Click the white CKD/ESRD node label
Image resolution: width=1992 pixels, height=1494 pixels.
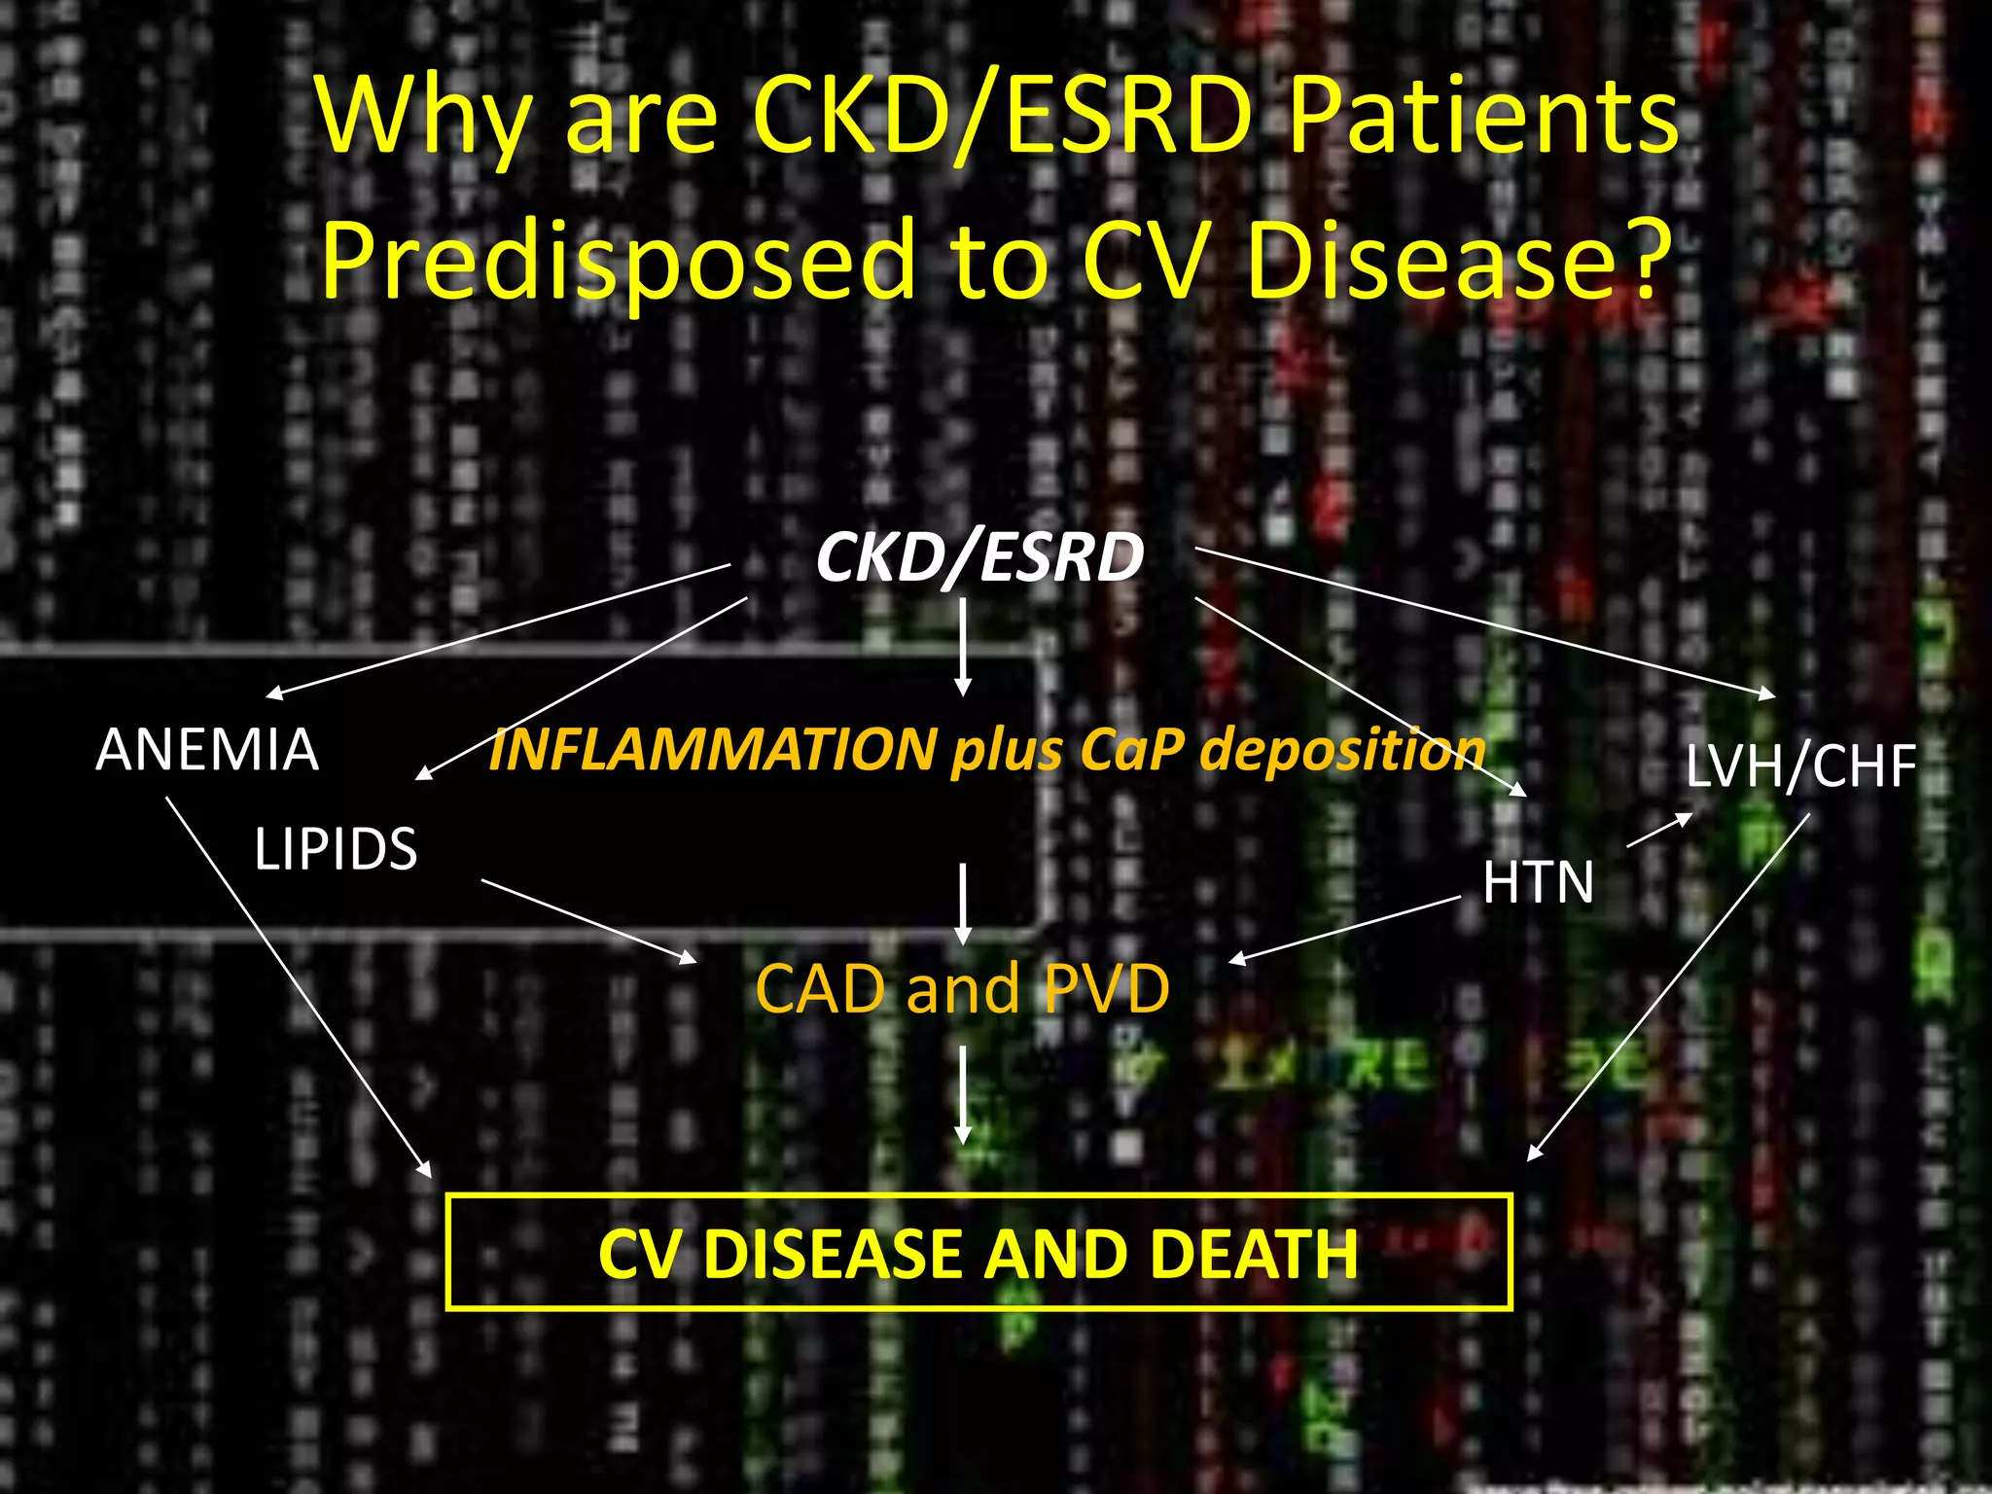979,558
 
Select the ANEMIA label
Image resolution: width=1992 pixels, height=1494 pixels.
207,750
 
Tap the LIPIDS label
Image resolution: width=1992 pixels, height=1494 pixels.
336,848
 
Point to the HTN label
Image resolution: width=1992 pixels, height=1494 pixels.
1538,882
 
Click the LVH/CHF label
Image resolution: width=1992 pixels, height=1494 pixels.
1800,765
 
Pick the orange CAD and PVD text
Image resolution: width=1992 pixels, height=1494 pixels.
962,988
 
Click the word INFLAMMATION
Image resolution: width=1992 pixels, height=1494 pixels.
712,750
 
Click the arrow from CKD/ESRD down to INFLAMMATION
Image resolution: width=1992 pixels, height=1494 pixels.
963,646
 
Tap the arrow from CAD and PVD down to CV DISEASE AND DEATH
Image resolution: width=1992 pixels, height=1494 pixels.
963,1094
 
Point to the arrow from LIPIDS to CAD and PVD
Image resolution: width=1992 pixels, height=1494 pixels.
588,920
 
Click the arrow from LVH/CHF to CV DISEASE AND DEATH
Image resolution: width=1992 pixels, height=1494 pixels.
1668,986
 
